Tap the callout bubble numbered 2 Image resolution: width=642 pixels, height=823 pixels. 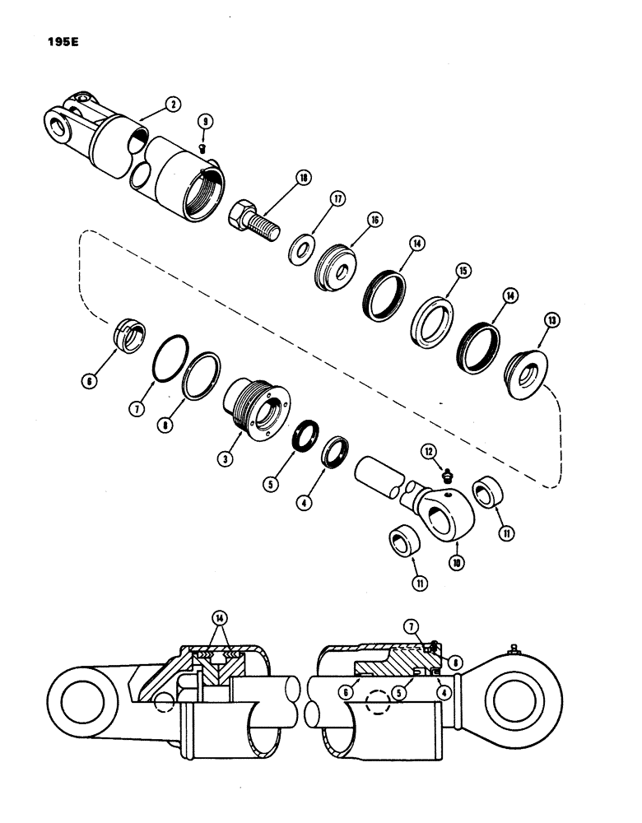tap(172, 105)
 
